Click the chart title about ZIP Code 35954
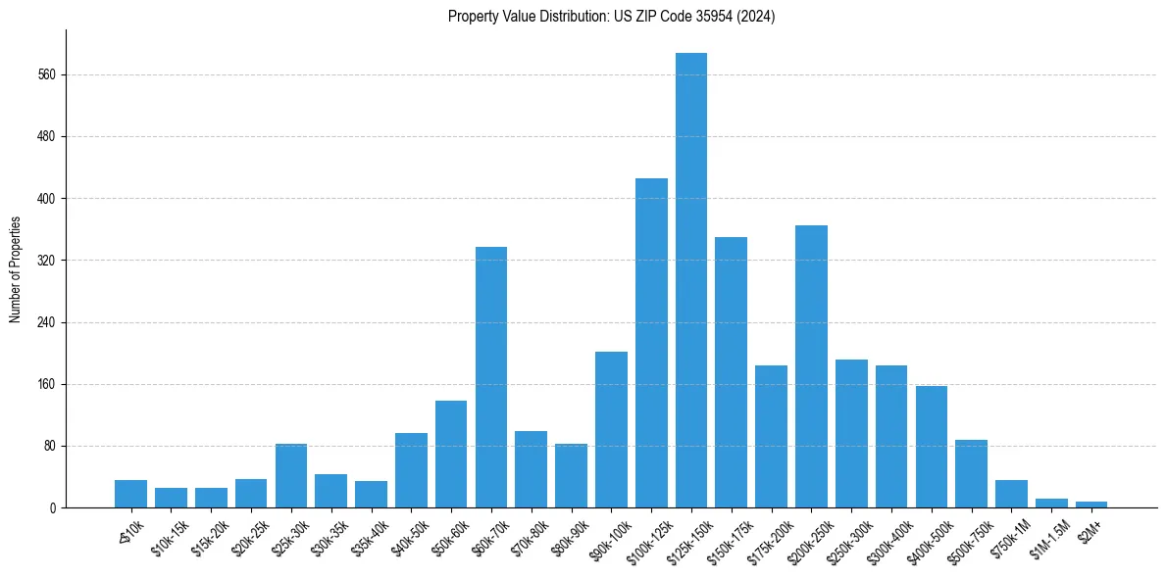coord(611,17)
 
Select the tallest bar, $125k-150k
coord(691,280)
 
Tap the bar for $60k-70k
coord(491,377)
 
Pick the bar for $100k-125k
coord(651,343)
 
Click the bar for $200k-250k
coord(811,366)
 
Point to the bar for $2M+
coord(1091,505)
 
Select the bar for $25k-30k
coord(291,476)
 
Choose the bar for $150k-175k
coord(732,372)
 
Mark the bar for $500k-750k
coord(971,474)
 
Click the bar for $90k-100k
coord(611,430)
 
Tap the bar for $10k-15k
coord(171,498)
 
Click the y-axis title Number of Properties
coord(15,269)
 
